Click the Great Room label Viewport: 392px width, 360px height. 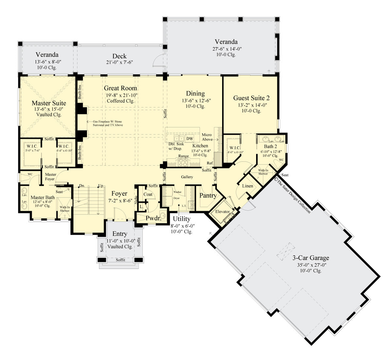(121, 88)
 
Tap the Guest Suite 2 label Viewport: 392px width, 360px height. (251, 98)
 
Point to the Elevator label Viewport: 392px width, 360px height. (222, 211)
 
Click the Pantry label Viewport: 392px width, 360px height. (208, 196)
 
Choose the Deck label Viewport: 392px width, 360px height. (120, 56)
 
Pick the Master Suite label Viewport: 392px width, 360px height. (49, 103)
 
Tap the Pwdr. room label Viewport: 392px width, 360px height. (154, 218)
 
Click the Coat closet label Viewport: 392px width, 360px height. (148, 194)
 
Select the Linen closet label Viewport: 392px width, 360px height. (248, 186)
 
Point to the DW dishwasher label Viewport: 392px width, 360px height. (189, 139)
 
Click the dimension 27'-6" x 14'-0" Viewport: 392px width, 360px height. (226, 49)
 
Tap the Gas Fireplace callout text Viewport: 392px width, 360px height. (108, 123)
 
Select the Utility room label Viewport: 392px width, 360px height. (182, 219)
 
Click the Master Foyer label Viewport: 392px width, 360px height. (50, 177)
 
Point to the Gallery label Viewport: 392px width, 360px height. (187, 177)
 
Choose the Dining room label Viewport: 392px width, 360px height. (195, 94)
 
